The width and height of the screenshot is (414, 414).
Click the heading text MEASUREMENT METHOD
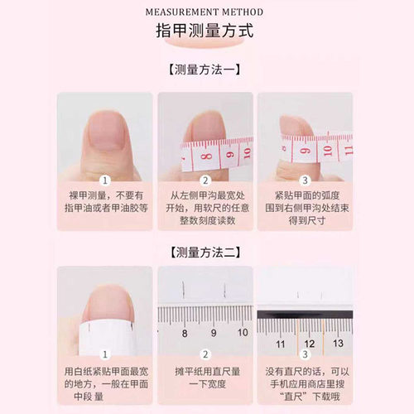coord(204,12)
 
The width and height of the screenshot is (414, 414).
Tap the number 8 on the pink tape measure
coord(209,155)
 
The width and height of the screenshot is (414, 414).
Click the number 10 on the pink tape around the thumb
coord(327,152)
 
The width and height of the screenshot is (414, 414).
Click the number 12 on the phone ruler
coord(309,342)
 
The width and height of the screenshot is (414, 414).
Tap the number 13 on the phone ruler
coord(337,342)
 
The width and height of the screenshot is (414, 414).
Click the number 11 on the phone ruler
coord(281,342)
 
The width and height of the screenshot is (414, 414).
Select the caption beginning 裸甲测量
coord(105,202)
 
